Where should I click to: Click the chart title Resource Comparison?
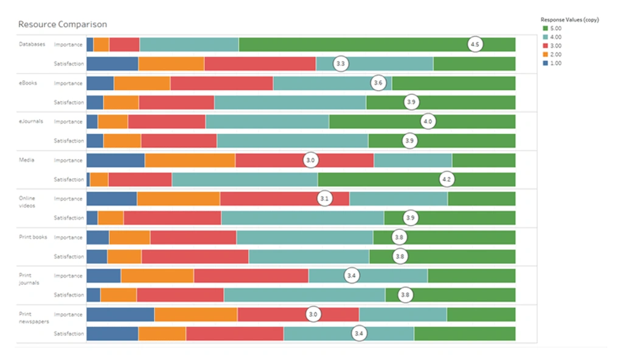(x=62, y=24)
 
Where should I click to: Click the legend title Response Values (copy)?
(x=569, y=19)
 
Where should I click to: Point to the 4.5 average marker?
(x=475, y=44)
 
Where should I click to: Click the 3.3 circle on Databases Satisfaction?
(x=341, y=64)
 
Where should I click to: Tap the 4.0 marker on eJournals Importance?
(x=428, y=122)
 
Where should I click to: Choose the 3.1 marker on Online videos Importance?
(x=324, y=199)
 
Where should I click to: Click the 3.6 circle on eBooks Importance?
(x=378, y=83)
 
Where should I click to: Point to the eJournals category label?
(x=31, y=122)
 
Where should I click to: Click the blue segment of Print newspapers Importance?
(x=120, y=314)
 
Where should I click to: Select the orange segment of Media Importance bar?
(x=190, y=160)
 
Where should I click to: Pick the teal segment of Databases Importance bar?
(x=189, y=44)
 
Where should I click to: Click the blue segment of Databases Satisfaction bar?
(x=112, y=64)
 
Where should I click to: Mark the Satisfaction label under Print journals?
(x=68, y=295)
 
